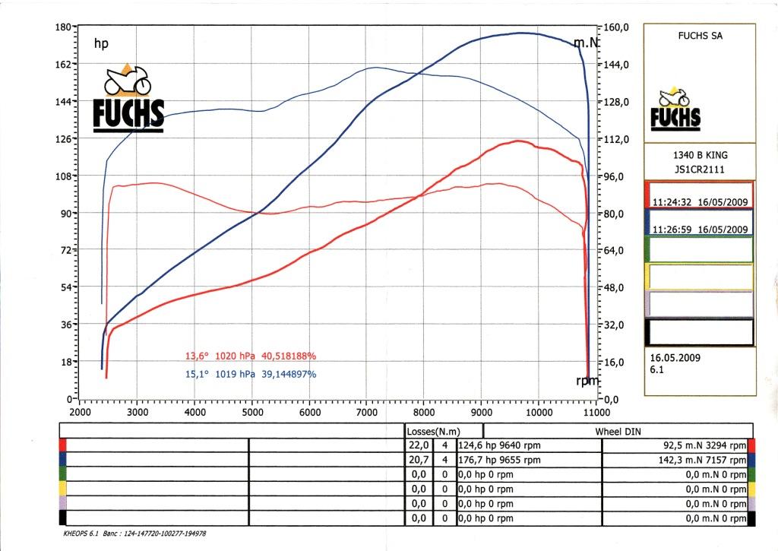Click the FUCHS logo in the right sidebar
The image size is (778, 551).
tap(675, 110)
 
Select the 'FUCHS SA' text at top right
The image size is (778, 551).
tap(699, 34)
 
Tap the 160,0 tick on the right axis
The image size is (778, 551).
tap(616, 27)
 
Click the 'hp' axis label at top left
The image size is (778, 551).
tap(101, 44)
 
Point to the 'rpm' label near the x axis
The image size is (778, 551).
tap(587, 380)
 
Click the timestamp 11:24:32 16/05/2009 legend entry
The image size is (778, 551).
tap(699, 203)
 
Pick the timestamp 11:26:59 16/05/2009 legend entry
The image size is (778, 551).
tap(699, 229)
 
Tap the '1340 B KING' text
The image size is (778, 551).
tap(700, 155)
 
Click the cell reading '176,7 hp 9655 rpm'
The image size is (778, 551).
tap(499, 460)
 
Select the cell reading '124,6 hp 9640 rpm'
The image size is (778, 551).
tap(499, 445)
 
